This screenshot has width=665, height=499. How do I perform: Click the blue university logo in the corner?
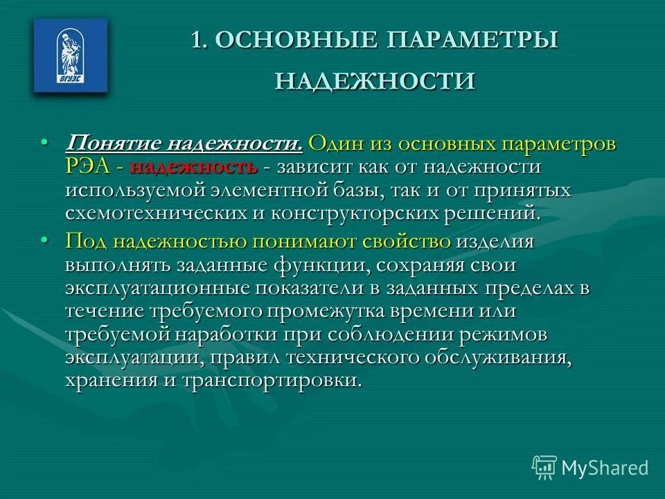(x=71, y=55)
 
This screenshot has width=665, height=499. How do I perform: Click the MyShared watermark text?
(x=604, y=468)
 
